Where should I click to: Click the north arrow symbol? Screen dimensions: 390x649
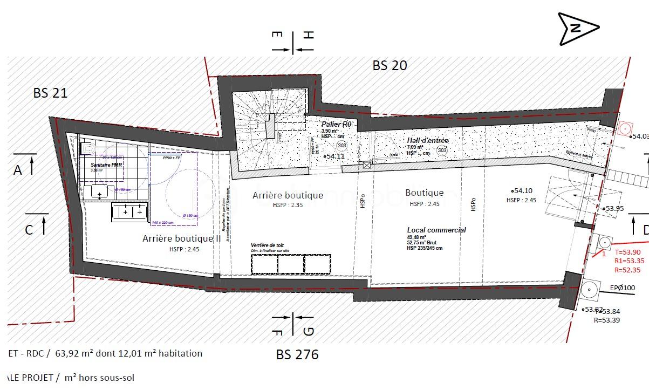coord(578,29)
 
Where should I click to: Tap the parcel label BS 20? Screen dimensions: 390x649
coord(390,66)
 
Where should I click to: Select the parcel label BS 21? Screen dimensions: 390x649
coord(50,93)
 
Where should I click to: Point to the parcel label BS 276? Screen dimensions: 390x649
coord(297,354)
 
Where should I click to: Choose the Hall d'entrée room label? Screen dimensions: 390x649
coord(428,141)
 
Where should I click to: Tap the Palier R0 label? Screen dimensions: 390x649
coord(336,125)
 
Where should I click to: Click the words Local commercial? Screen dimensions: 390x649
coord(436,230)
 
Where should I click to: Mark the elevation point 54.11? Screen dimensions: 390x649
coord(334,156)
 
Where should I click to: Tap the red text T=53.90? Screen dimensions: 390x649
coord(628,252)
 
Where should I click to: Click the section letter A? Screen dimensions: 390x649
coord(18,170)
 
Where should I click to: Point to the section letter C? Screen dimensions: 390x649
coord(29,230)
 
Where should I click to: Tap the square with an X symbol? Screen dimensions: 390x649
coord(367,165)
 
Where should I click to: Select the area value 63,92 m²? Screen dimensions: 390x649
coord(83,354)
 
